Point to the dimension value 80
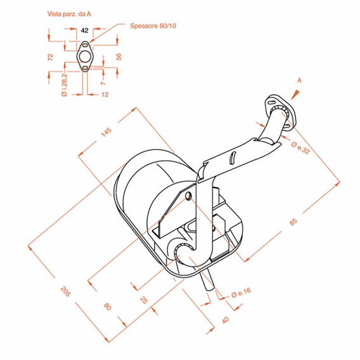(108, 306)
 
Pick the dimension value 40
(225, 320)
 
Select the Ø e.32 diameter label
(301, 148)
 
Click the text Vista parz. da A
(70, 14)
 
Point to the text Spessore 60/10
(153, 26)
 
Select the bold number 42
(85, 31)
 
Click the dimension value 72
(51, 57)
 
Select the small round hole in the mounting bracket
(188, 196)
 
